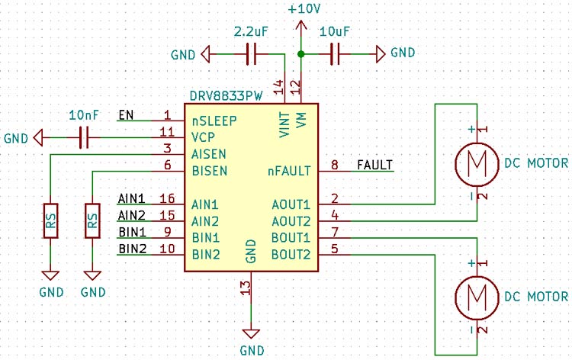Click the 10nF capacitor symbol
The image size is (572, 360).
84,138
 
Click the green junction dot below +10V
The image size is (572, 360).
301,54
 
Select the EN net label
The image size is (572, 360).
126,116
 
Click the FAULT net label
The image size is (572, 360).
374,165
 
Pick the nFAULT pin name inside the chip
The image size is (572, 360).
289,170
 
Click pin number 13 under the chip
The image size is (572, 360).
245,287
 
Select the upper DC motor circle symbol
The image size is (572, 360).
476,163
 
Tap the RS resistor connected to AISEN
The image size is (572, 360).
50,221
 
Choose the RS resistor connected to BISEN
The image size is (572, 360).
92,221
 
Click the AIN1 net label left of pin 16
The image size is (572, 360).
130,199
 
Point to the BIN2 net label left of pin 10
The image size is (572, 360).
130,249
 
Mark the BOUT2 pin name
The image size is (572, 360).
291,254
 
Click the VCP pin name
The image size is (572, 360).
203,137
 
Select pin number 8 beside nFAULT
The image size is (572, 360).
334,165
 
